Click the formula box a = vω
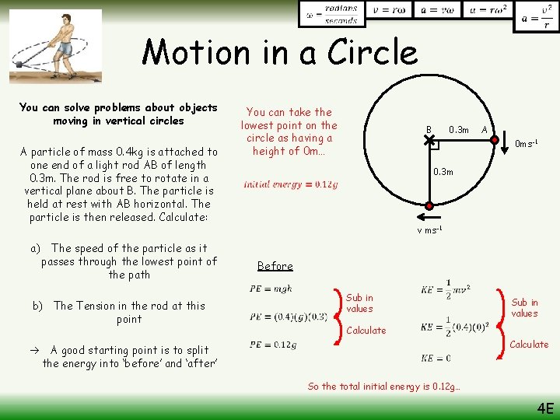tap(436, 11)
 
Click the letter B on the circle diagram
tap(428, 129)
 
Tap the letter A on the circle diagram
tap(484, 129)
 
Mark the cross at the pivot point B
tap(429, 141)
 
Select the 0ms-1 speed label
tap(527, 144)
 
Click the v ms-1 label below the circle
tap(429, 230)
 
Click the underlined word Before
tap(275, 266)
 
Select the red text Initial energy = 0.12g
tap(290, 184)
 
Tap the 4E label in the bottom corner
tap(544, 408)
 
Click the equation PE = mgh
tap(271, 289)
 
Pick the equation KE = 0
tap(436, 358)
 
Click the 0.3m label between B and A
tap(459, 129)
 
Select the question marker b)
tap(37, 306)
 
